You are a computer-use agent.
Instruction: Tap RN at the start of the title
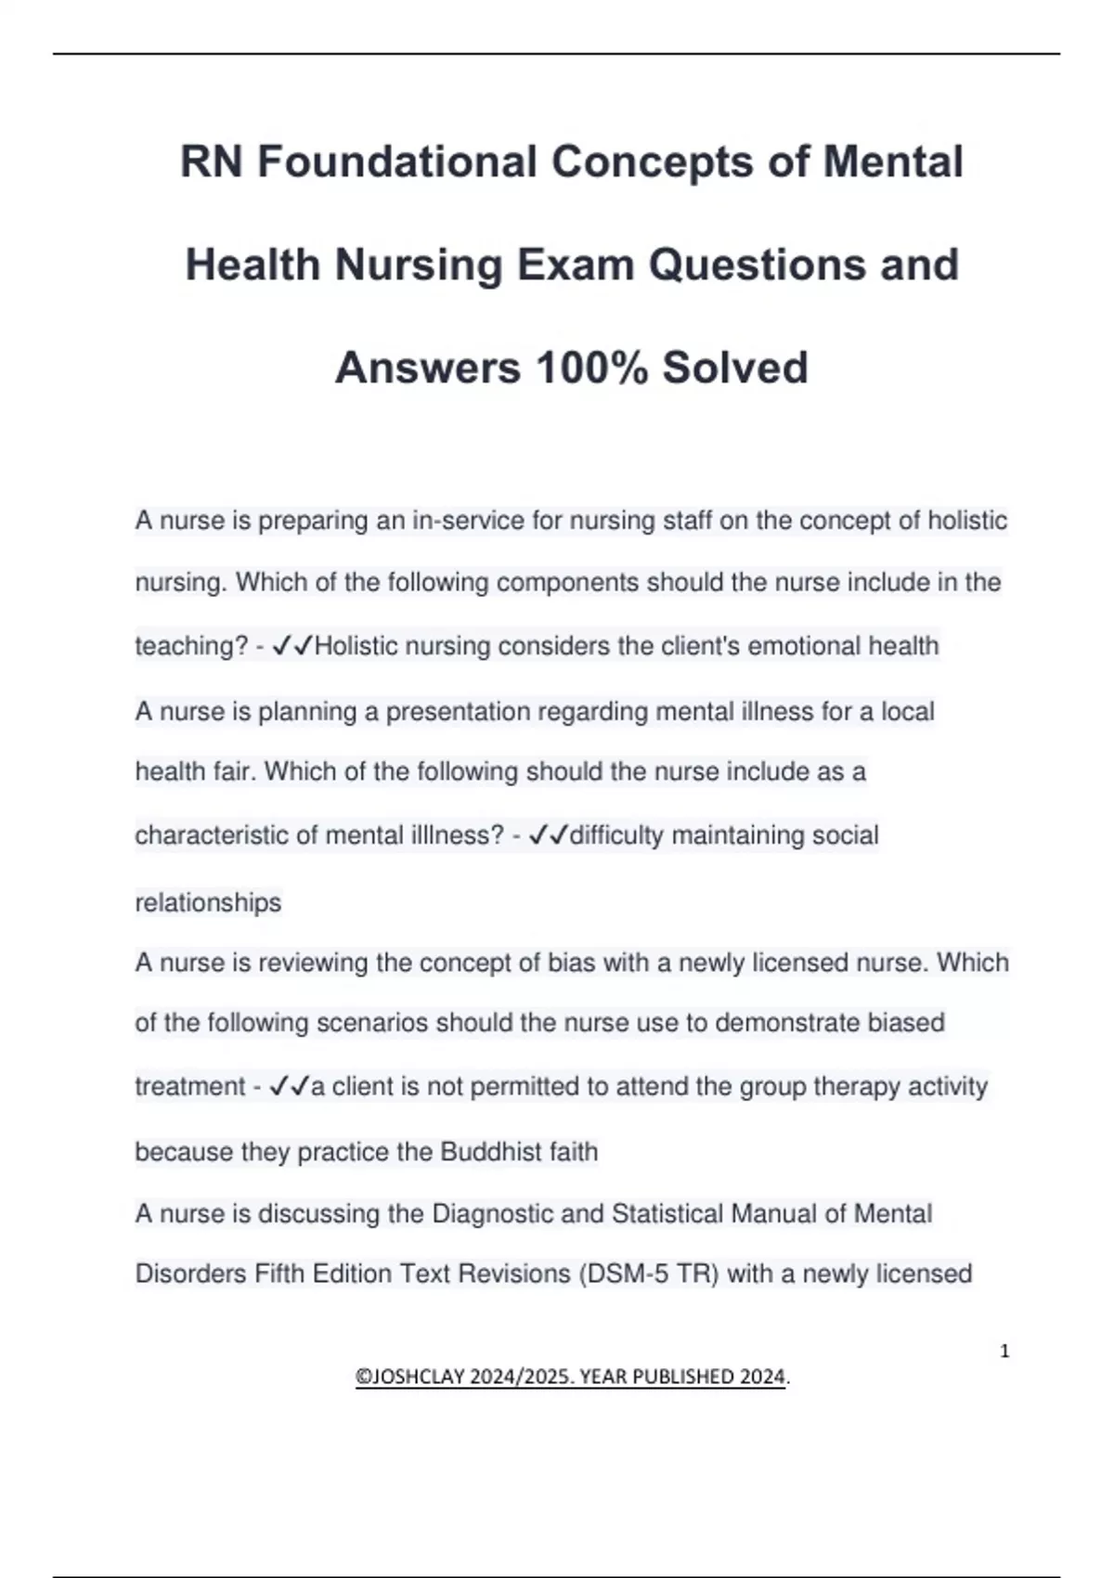211,162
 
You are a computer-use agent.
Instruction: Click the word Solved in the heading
734,368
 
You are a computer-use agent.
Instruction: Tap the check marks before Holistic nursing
292,646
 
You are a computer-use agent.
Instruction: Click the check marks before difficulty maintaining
548,835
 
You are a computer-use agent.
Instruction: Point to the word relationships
208,902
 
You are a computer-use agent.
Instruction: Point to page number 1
1004,1352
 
